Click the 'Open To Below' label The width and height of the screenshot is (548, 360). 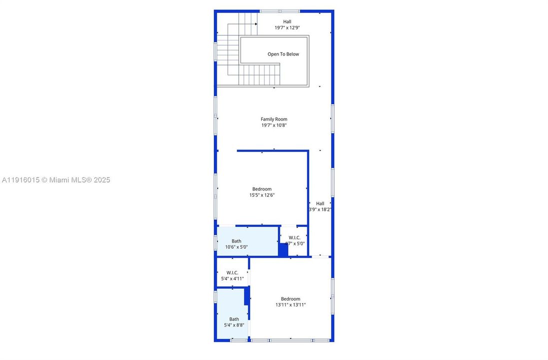click(283, 54)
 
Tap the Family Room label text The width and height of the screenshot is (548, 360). click(274, 119)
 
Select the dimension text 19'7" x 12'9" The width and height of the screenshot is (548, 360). click(287, 28)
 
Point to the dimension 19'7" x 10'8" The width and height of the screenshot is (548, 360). click(274, 125)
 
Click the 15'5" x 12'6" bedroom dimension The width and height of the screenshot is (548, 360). click(262, 195)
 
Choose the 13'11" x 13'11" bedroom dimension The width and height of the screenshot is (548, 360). click(290, 304)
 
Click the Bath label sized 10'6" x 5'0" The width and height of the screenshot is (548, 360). click(236, 241)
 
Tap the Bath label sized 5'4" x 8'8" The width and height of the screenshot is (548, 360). click(234, 319)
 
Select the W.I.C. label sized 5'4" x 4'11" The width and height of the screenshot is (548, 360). click(232, 272)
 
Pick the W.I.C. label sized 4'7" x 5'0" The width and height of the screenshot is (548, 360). click(294, 237)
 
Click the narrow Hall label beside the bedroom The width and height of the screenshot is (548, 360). click(320, 203)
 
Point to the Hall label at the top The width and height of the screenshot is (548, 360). click(287, 21)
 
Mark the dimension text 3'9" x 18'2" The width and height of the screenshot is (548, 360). click(320, 209)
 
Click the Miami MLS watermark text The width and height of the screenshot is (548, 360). click(55, 180)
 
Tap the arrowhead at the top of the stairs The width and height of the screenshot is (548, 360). click(256, 23)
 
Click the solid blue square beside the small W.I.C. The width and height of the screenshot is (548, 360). click(283, 250)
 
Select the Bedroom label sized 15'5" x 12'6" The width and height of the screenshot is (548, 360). click(262, 189)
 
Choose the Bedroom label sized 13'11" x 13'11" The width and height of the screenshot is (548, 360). click(290, 298)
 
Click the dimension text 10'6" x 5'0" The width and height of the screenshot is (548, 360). click(236, 247)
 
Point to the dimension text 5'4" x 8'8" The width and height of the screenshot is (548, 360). click(234, 325)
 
